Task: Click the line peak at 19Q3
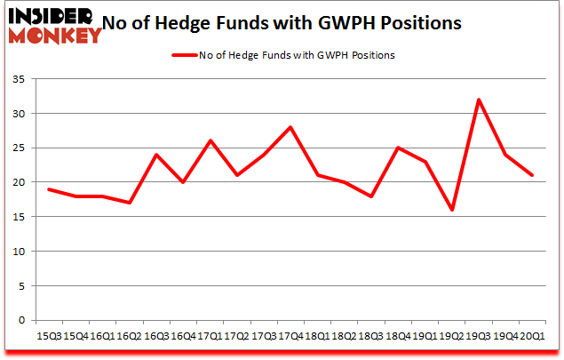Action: coord(479,100)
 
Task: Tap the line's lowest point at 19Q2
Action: coord(452,210)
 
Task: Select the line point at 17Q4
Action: coord(290,127)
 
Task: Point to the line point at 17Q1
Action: coord(210,140)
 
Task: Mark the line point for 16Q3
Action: coord(156,155)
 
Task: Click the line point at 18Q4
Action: coord(398,148)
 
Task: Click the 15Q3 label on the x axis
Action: coord(49,336)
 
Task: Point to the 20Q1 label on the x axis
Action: coord(532,336)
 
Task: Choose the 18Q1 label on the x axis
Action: coord(317,336)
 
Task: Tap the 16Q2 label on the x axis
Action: coord(130,336)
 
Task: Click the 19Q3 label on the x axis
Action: coord(479,336)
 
